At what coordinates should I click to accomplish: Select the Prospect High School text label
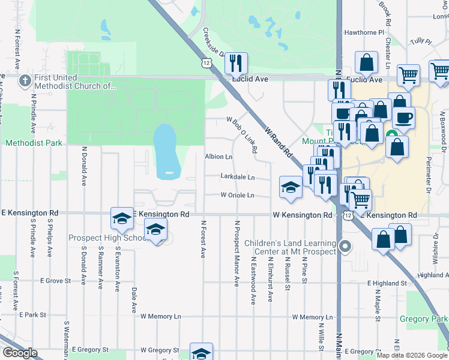(x=109, y=238)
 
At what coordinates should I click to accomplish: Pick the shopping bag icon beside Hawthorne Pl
(x=366, y=62)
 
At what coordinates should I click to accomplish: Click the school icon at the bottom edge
(x=201, y=352)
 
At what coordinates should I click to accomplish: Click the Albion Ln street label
(x=218, y=157)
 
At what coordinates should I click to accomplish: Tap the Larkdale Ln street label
(x=237, y=178)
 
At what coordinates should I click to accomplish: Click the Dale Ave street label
(x=134, y=300)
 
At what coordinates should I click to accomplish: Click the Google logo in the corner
(x=20, y=353)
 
